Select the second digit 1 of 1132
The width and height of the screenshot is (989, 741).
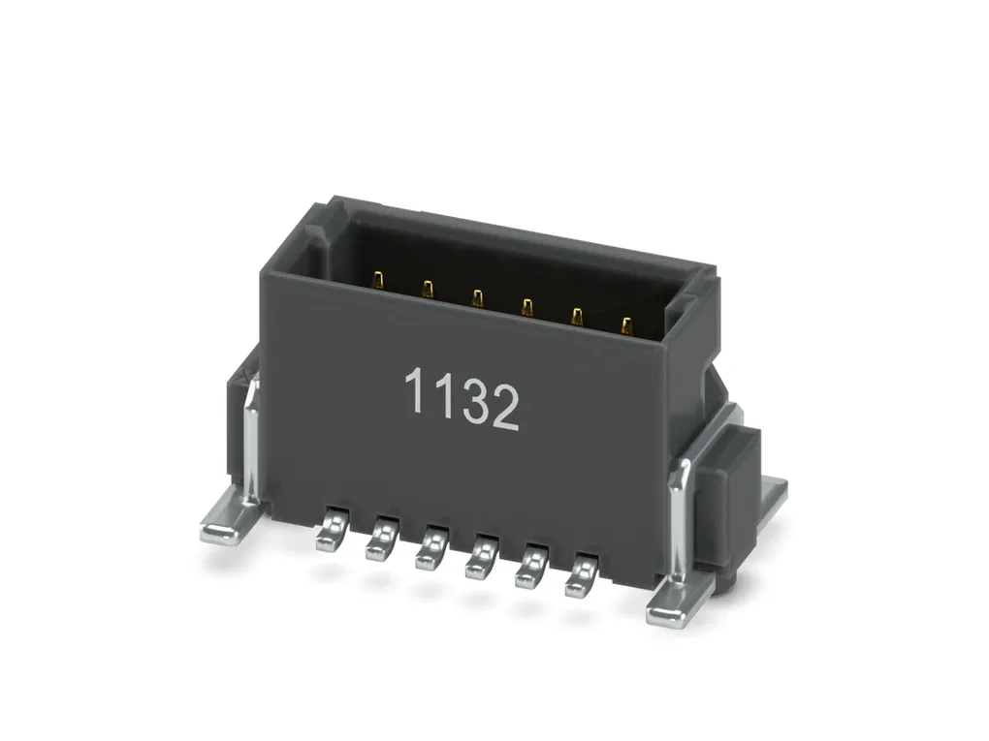446,396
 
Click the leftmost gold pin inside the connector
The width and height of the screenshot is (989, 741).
378,280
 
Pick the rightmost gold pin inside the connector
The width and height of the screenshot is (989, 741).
626,326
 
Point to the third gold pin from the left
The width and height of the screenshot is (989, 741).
477,298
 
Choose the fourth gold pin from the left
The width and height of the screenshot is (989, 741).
526,307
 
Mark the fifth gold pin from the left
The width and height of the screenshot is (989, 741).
577,317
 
